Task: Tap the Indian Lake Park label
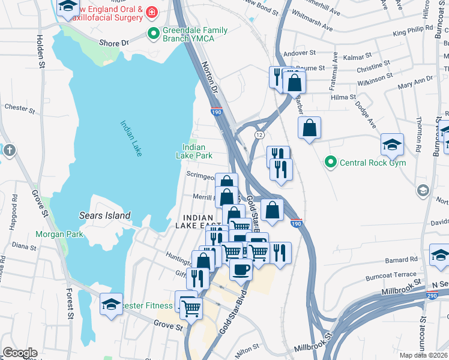pyautogui.click(x=194, y=151)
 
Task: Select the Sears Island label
pyautogui.click(x=104, y=215)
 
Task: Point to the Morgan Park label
pyautogui.click(x=59, y=235)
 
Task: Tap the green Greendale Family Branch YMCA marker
pyautogui.click(x=154, y=33)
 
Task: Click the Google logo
pyautogui.click(x=20, y=353)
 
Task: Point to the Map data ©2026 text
pyautogui.click(x=423, y=355)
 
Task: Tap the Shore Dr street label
pyautogui.click(x=113, y=43)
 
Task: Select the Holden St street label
pyautogui.click(x=41, y=51)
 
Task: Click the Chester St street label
pyautogui.click(x=16, y=107)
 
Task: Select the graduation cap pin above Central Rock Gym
pyautogui.click(x=392, y=143)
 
